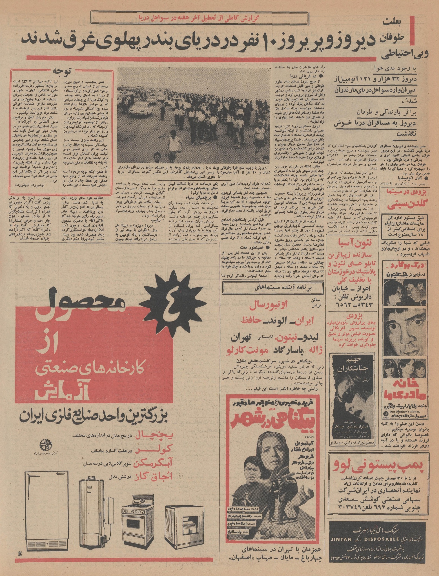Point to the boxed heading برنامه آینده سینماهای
(272, 288)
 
